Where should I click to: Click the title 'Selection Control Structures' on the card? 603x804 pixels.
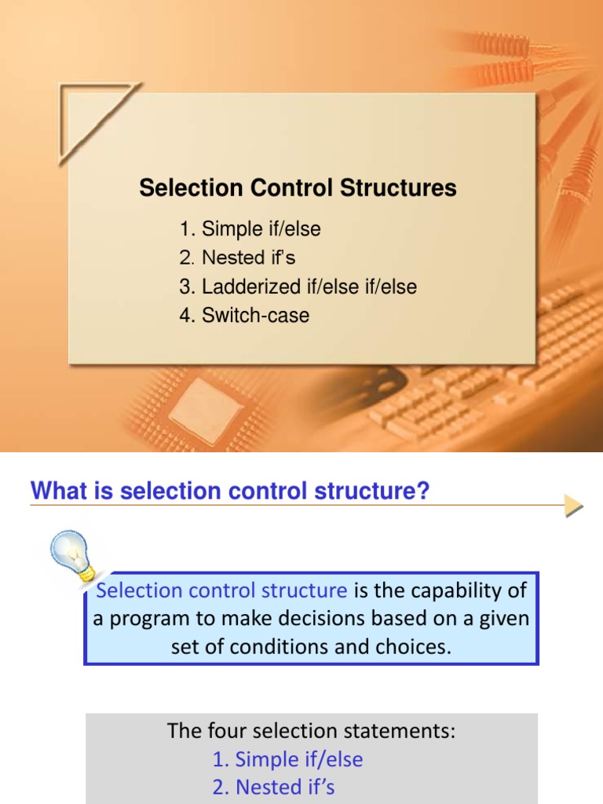click(x=298, y=188)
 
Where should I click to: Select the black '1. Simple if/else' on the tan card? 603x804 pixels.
click(x=250, y=229)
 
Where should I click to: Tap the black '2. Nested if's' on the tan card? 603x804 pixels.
click(x=237, y=258)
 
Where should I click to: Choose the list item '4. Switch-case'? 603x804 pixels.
click(x=244, y=316)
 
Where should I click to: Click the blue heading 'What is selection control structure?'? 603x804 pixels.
click(x=230, y=492)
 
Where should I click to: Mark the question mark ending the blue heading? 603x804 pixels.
click(x=423, y=492)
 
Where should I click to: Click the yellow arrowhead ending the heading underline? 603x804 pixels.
click(x=574, y=506)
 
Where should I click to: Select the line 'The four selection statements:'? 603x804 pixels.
click(x=311, y=732)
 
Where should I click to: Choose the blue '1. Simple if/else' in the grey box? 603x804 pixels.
click(x=287, y=759)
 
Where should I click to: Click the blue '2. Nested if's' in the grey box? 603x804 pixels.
click(x=273, y=787)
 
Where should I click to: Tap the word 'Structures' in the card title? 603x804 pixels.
click(x=409, y=188)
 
